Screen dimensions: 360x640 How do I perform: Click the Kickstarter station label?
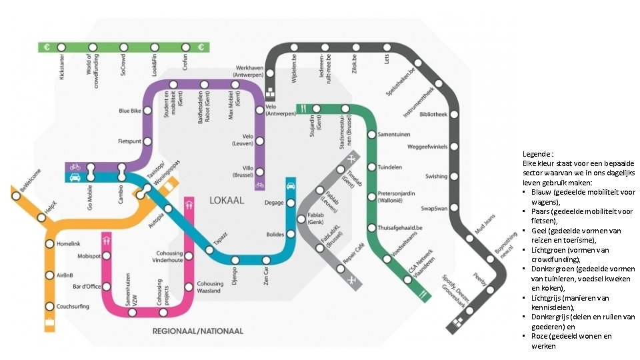coord(62,67)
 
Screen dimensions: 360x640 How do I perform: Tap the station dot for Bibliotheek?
coord(455,114)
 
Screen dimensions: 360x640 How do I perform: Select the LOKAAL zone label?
coord(227,200)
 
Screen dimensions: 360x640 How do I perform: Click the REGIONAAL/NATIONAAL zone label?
coord(198,331)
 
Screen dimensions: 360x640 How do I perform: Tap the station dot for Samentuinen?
coord(372,135)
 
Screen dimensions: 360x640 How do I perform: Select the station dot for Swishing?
coord(455,177)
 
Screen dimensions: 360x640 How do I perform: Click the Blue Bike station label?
coord(130,111)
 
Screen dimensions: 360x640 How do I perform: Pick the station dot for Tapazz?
coord(209,250)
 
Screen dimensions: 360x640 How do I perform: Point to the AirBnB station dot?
coord(49,275)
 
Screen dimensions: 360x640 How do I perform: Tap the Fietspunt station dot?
coord(149,141)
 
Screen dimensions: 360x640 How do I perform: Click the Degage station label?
coord(274,203)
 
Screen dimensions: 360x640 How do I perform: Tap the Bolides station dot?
coord(291,235)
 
